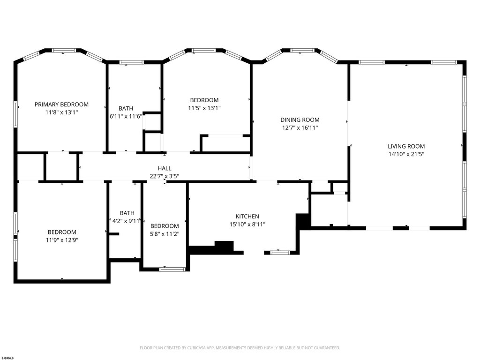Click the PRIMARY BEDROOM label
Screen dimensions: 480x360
point(61,105)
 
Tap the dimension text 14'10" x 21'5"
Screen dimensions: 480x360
point(406,154)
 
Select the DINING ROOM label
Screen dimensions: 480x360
point(300,120)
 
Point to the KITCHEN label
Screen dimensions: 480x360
point(247,217)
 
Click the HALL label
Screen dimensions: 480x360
point(165,168)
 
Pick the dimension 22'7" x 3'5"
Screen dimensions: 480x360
point(165,176)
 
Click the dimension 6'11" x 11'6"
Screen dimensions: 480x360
point(126,116)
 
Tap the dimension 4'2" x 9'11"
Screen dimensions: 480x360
point(126,221)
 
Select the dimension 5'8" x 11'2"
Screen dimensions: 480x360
point(165,234)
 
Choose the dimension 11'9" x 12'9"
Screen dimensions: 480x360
point(62,240)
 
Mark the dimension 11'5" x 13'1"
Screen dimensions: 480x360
point(204,108)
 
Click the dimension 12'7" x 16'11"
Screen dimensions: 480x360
point(300,127)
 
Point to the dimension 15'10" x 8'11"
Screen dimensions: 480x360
point(247,225)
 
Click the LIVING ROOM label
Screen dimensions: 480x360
point(406,146)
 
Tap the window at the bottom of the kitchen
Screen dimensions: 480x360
point(280,253)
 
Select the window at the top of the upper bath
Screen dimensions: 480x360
point(131,62)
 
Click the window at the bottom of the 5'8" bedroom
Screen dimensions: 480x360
point(172,270)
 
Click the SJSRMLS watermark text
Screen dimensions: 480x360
point(7,358)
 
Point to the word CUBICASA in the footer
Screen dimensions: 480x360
point(198,348)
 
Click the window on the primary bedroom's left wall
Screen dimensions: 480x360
point(15,114)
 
